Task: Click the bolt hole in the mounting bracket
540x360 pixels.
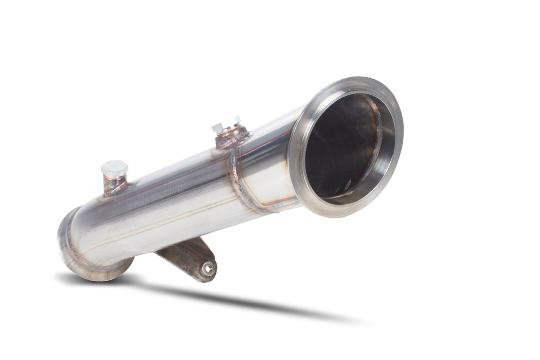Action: click(x=208, y=267)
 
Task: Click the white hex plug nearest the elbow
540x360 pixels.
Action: click(x=114, y=168)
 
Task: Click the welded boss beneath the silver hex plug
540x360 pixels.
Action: click(x=231, y=138)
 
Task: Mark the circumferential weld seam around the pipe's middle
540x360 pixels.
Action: click(x=238, y=180)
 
